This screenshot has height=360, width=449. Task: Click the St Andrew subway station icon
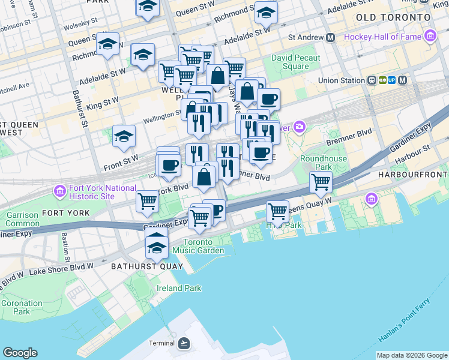(330, 37)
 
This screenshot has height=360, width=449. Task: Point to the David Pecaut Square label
(295, 62)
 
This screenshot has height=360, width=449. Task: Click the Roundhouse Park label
(316, 163)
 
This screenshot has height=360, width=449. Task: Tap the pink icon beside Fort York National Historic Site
(59, 192)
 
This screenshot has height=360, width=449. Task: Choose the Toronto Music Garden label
(197, 246)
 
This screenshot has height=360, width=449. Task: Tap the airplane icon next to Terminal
(184, 343)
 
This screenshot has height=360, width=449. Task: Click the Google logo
(20, 353)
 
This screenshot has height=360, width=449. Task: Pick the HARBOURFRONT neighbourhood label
(413, 174)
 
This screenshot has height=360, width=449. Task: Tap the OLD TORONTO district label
(393, 17)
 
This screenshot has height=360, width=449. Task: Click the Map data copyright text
(412, 355)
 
